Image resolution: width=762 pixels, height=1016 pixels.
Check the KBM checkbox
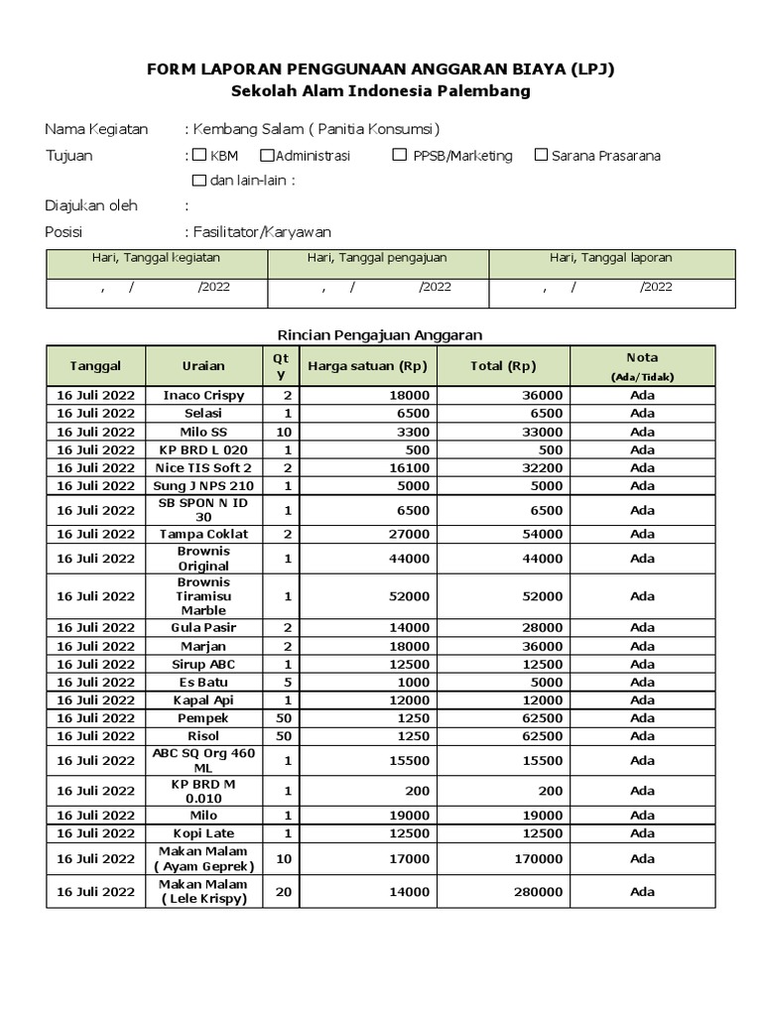(199, 155)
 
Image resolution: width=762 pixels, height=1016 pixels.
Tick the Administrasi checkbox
(267, 155)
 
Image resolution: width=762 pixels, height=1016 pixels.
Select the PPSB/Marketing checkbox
(399, 155)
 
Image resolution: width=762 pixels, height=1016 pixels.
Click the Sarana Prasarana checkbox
(541, 155)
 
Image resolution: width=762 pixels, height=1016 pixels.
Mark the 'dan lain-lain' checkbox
(198, 181)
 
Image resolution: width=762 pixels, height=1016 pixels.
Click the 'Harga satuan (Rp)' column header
(367, 366)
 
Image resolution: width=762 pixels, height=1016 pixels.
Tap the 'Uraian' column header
(203, 366)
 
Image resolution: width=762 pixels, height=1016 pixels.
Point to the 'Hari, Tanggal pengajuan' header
(377, 258)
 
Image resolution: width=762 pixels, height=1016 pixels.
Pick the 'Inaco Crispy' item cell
(203, 395)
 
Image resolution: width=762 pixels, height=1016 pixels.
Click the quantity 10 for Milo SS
(283, 432)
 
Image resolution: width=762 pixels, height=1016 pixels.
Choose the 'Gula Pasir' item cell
(203, 628)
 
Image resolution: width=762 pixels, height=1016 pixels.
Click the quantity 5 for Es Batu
(283, 683)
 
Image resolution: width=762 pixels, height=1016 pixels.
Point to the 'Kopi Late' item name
(203, 833)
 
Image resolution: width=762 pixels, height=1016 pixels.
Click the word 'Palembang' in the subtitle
(486, 91)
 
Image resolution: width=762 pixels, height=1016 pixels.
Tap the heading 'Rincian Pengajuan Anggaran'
(377, 335)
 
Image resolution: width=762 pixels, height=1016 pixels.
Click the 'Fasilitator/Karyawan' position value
(263, 232)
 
